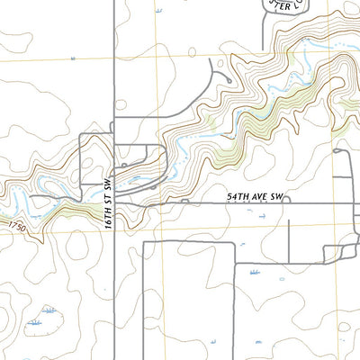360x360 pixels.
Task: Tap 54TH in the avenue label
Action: (x=236, y=195)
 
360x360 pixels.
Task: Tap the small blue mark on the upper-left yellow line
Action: (x=73, y=58)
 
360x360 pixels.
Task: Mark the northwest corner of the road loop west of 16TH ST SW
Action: (x=81, y=135)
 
